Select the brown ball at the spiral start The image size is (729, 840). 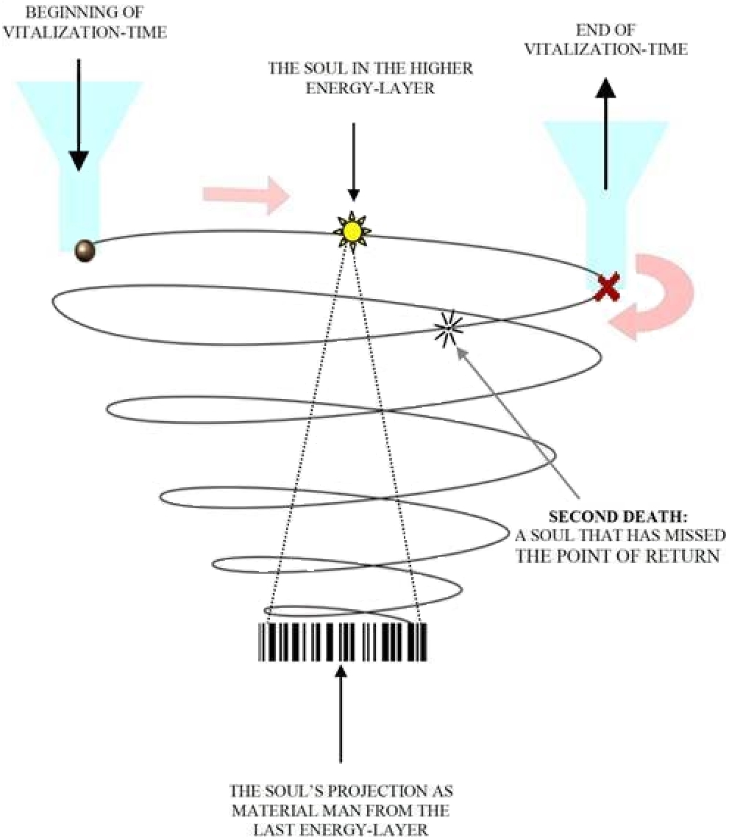pos(86,252)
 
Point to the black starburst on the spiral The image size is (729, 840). pos(447,328)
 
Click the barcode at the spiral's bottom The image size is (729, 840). pos(343,642)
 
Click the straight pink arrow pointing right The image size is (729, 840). pos(246,195)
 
